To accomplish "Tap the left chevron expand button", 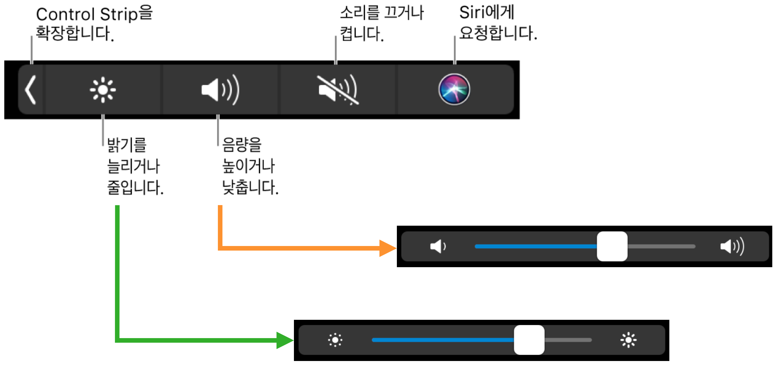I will [x=31, y=90].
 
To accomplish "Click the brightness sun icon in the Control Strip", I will [x=103, y=90].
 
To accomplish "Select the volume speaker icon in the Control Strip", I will [x=220, y=90].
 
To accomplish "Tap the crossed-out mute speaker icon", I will [x=338, y=90].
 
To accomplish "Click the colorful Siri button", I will [x=454, y=89].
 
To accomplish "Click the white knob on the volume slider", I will [x=612, y=246].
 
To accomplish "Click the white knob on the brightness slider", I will [x=529, y=340].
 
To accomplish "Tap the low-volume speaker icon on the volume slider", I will [x=438, y=246].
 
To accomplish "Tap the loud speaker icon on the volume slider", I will [x=732, y=246].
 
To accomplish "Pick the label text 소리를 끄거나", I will [x=381, y=13].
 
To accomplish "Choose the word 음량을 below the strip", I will [x=242, y=145].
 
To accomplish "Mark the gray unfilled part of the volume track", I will [x=661, y=247].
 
